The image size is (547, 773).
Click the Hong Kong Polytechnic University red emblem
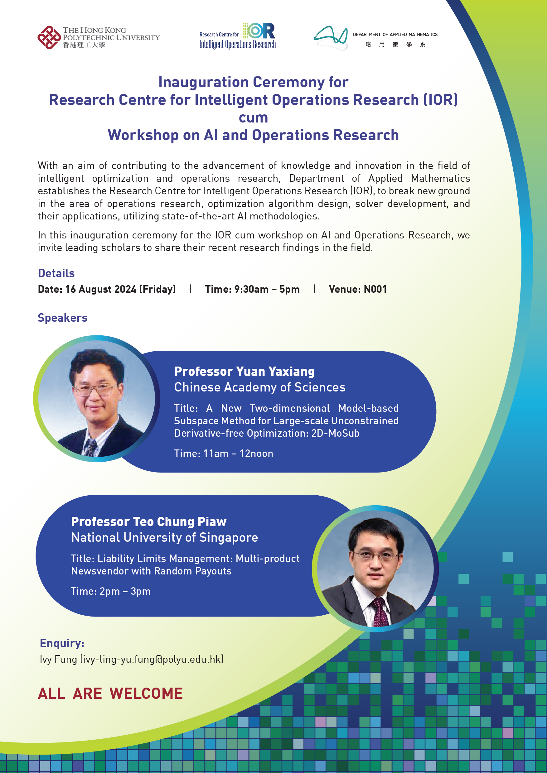pos(49,37)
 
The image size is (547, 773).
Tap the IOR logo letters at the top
pos(259,31)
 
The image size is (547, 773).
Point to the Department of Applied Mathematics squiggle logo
pos(331,37)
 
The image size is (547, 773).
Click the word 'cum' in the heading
pos(253,118)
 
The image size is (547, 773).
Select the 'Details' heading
pos(56,273)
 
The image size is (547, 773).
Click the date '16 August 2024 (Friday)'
pos(120,289)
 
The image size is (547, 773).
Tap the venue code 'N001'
pos(375,289)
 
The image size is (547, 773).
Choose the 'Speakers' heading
pos(63,318)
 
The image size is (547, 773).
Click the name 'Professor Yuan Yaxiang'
pos(244,371)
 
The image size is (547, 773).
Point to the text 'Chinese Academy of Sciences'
pos(260,387)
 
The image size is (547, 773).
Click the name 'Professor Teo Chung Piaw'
pos(148,521)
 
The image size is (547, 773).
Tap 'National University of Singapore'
pos(164,537)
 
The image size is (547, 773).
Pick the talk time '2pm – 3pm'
pos(125,591)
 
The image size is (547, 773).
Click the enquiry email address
pos(152,659)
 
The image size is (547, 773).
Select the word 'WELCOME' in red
pos(146,694)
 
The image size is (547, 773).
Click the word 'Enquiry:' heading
pos(62,643)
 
